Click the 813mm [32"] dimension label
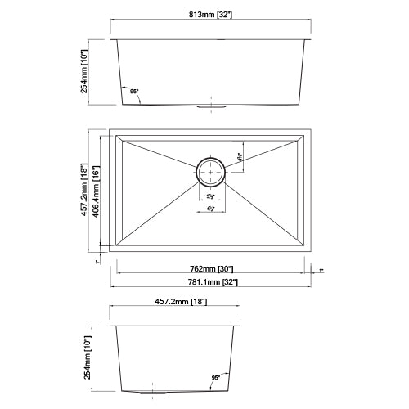point(211,25)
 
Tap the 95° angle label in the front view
point(134,92)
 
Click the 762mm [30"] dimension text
point(211,268)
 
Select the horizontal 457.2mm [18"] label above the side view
point(177,303)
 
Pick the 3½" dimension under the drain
point(210,197)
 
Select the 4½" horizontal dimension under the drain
point(210,209)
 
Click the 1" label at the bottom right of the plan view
point(322,269)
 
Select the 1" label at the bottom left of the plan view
point(97,262)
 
